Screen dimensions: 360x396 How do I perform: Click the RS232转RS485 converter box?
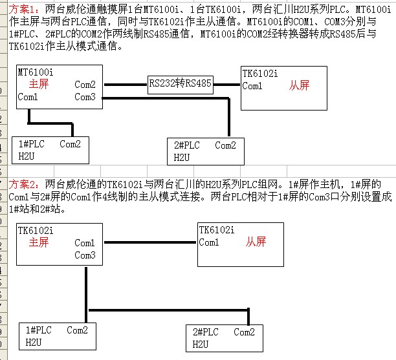point(180,83)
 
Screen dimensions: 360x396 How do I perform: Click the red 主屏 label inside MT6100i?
point(39,84)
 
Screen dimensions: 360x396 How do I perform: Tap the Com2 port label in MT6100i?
point(85,84)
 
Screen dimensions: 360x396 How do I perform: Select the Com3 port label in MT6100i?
point(85,97)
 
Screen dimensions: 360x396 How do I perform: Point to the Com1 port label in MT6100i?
point(28,97)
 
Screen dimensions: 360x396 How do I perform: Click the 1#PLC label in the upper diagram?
point(32,144)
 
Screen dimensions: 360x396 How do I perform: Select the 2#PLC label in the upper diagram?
point(187,145)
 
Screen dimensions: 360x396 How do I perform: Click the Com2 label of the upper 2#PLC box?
point(225,145)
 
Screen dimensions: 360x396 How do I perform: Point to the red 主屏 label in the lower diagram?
point(39,242)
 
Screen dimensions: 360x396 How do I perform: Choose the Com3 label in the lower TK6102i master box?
point(85,255)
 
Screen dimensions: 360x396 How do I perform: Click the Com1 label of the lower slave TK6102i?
point(209,242)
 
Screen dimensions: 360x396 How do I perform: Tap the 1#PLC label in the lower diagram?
point(39,330)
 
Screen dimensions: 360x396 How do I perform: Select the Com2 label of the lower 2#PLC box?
point(245,332)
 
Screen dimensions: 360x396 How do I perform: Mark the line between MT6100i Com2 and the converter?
point(126,84)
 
